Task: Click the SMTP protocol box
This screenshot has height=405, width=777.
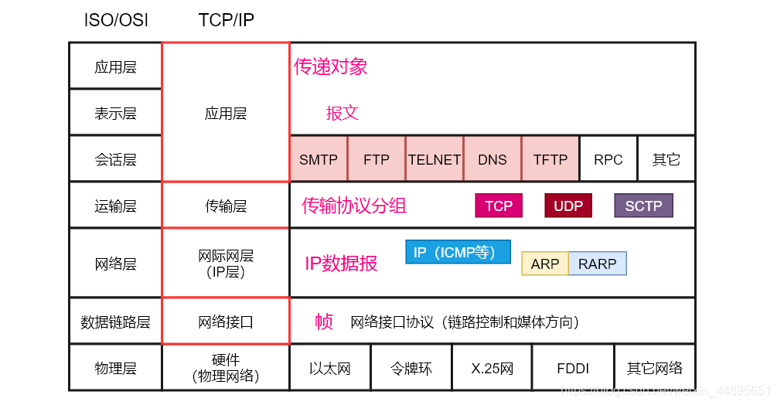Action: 319,159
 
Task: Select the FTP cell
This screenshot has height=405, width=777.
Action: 377,159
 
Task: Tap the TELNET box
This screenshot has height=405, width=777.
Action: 435,159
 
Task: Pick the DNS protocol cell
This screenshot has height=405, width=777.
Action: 492,159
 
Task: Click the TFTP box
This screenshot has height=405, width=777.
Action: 550,159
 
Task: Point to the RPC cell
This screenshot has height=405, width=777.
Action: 608,159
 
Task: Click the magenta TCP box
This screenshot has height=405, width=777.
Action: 499,206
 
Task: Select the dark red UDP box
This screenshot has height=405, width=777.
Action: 568,206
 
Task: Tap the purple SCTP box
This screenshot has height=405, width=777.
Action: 643,206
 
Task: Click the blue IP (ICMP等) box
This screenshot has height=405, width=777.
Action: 458,252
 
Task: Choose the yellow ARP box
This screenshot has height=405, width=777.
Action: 545,264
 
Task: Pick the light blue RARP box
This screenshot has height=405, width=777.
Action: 598,264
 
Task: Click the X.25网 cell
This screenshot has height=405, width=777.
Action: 492,368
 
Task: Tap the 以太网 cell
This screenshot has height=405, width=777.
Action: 330,368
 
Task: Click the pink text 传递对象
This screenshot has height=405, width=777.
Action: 330,66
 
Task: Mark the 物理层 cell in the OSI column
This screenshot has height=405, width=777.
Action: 115,368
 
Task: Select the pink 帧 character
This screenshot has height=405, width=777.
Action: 324,322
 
